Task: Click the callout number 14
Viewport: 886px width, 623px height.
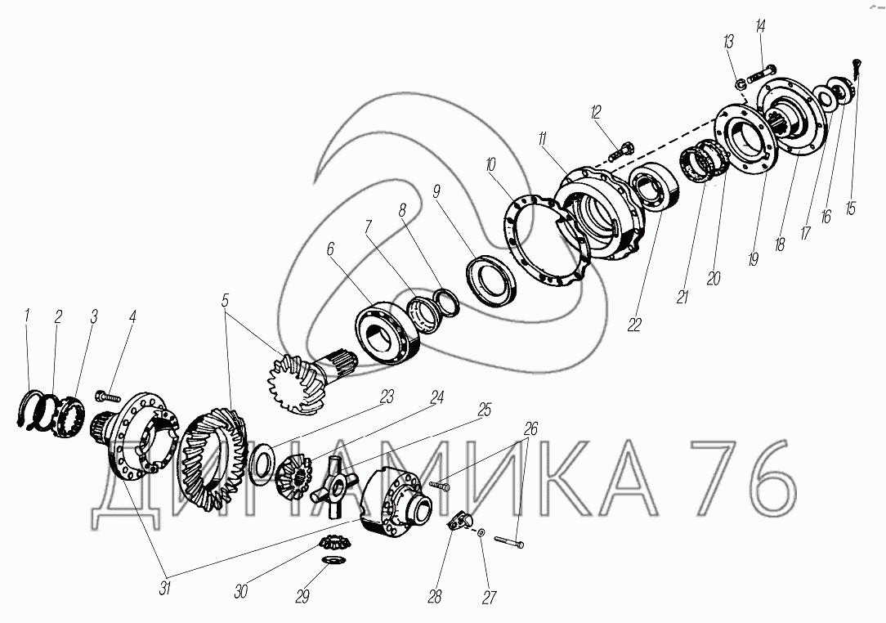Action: (x=761, y=26)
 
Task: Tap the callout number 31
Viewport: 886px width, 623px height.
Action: (x=164, y=588)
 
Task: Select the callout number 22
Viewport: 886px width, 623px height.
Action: (x=634, y=325)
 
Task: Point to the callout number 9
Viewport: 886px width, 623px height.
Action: (x=436, y=191)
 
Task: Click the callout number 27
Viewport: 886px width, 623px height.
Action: (x=489, y=598)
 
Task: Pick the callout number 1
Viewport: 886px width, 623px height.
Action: (x=26, y=316)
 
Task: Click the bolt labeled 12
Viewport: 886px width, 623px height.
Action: (x=621, y=150)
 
